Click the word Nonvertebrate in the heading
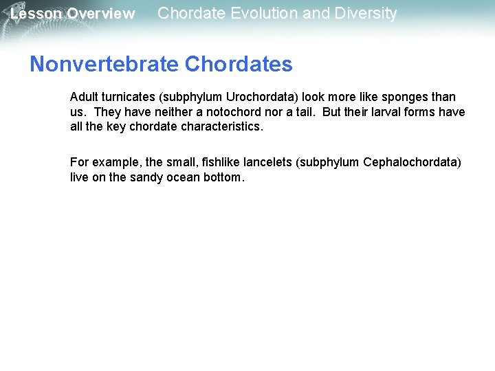point(105,64)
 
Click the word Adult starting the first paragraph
point(84,97)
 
